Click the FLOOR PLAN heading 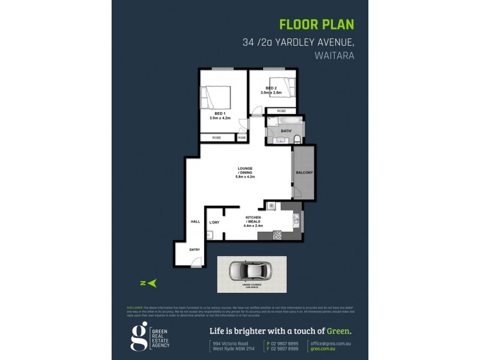point(317,25)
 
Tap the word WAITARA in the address point(334,55)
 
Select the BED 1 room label point(220,113)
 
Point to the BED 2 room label point(271,89)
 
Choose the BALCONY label point(304,173)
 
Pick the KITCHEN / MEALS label point(253,220)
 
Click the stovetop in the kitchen point(277,235)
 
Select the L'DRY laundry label point(214,223)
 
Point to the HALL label point(195,221)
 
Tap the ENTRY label point(194,250)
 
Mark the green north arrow point(152,282)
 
